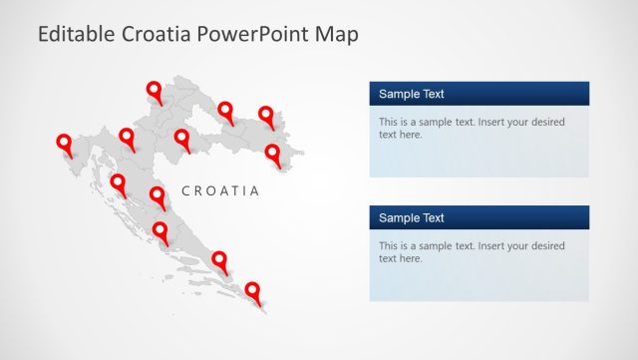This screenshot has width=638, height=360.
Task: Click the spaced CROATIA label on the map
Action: [x=220, y=190]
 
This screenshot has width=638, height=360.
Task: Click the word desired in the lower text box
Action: [x=544, y=246]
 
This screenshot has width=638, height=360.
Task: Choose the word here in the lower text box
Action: [x=410, y=258]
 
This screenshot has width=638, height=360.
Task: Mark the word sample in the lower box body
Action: [x=436, y=246]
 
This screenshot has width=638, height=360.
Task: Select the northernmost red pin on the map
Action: [x=155, y=92]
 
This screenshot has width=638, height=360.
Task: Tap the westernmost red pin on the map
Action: [x=65, y=145]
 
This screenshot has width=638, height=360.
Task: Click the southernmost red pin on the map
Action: [x=253, y=291]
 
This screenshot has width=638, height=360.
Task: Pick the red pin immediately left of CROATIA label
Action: [x=158, y=196]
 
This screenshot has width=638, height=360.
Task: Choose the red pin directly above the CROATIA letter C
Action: [x=182, y=139]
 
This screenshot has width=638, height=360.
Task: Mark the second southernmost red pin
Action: [x=219, y=261]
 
